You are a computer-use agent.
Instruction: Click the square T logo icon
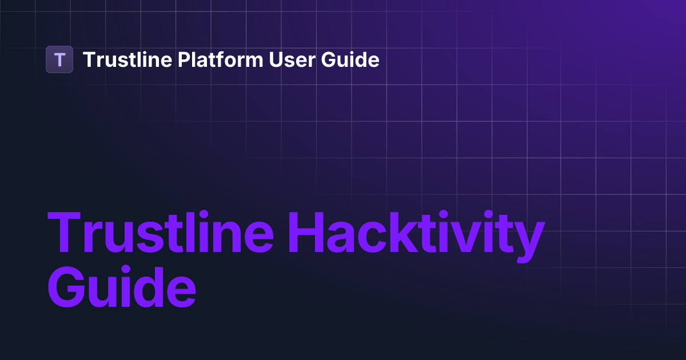(59, 59)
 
